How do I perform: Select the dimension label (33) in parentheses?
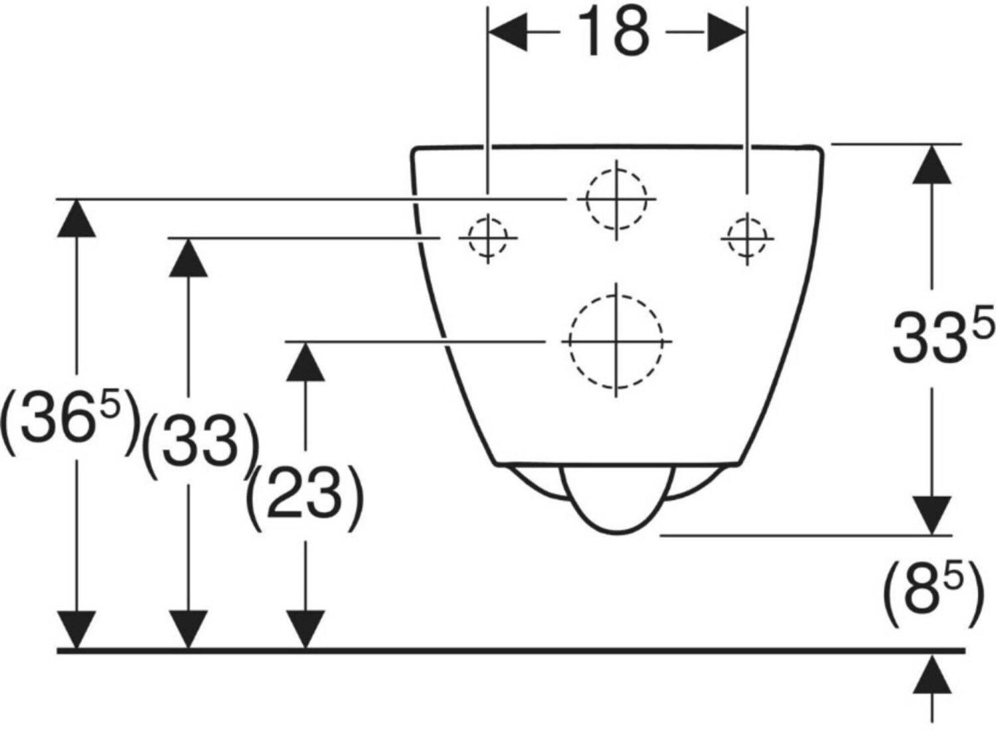click(200, 443)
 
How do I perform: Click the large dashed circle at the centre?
click(616, 341)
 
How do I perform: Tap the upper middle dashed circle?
click(616, 198)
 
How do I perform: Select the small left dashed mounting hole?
click(488, 237)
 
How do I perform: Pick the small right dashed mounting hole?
click(748, 237)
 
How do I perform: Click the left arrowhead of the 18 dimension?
click(507, 31)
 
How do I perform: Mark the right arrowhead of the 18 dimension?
click(728, 31)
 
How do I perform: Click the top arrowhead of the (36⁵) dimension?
click(77, 217)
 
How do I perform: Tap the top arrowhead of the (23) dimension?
click(305, 362)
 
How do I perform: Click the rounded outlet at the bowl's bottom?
click(618, 501)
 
